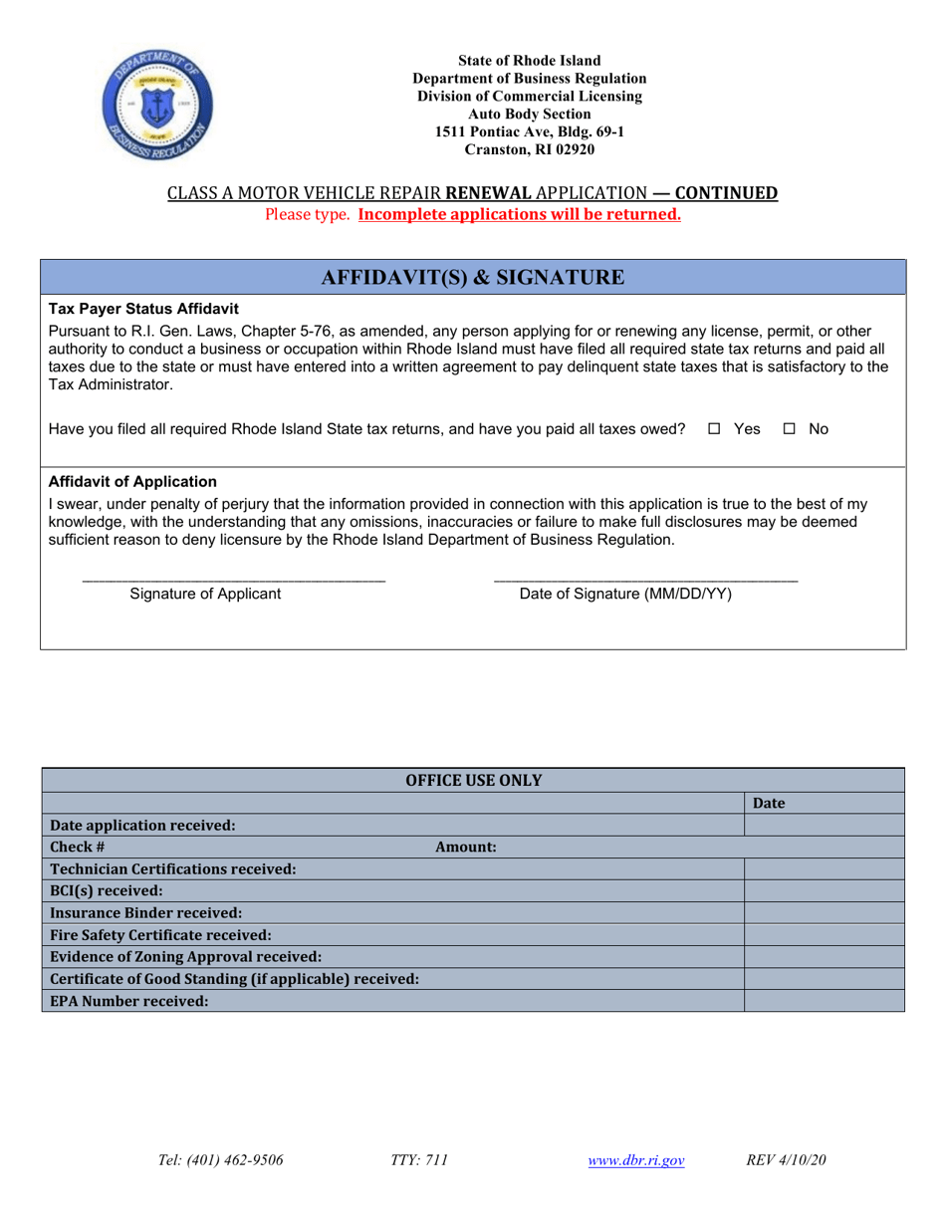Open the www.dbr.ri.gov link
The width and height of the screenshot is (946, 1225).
coord(636,1160)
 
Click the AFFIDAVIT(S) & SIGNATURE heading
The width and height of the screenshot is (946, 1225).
coord(473,278)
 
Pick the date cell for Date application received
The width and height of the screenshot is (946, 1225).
coord(824,825)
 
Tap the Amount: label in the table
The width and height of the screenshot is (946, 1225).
coord(466,847)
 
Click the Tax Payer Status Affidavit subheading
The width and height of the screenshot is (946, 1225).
coord(143,309)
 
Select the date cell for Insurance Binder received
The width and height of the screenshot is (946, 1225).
coord(824,913)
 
